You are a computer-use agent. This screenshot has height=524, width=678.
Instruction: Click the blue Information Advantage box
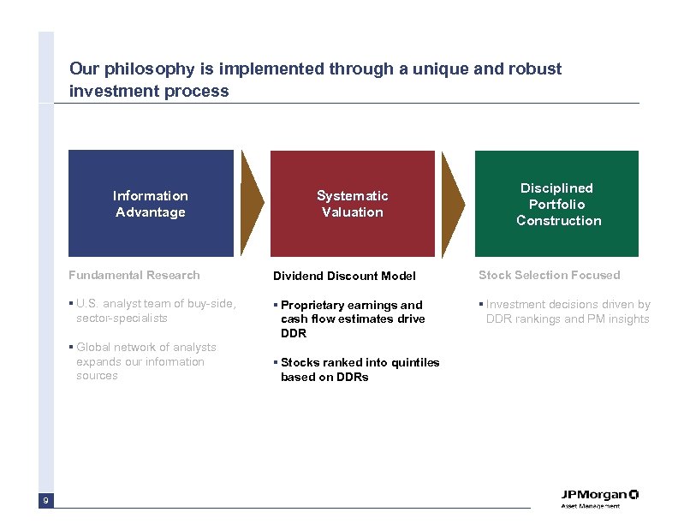pos(151,204)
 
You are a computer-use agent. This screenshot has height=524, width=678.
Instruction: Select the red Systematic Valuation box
pos(352,204)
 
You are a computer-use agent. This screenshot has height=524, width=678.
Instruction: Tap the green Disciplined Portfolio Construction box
pos(558,204)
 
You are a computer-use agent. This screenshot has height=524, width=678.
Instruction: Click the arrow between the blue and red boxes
pos(252,204)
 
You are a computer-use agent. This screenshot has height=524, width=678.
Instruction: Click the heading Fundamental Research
pos(134,275)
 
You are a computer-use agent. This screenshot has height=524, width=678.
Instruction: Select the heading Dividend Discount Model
pos(344,276)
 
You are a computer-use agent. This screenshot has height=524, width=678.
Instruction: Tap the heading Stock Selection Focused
pos(549,275)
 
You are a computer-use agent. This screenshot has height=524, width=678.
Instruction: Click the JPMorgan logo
pos(599,497)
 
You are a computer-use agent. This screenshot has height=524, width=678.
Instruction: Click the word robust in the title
pos(536,68)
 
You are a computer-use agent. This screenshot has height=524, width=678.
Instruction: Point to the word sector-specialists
pos(122,319)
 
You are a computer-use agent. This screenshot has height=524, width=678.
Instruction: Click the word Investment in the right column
pos(517,304)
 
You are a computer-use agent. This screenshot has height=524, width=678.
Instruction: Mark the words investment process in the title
pos(149,91)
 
